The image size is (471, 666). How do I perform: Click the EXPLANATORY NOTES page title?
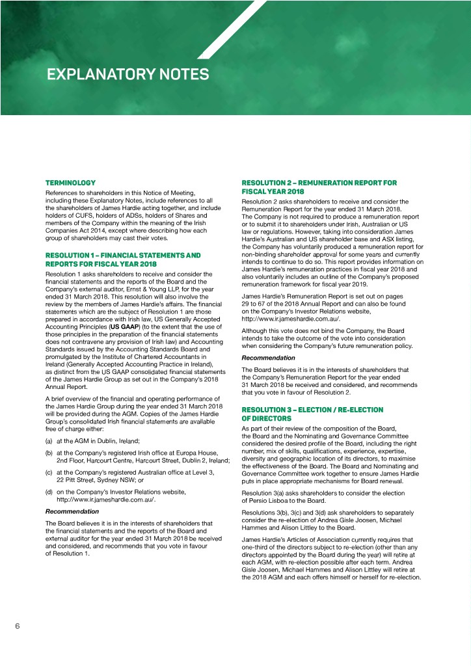tap(128, 75)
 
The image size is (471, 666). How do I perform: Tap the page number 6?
tap(18, 626)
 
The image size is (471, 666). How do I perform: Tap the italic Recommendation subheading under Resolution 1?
tap(72, 512)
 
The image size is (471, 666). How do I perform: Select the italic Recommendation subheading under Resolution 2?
tap(268, 358)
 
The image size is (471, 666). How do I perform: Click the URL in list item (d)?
tap(107, 500)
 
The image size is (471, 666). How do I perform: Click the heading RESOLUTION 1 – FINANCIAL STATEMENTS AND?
tap(123, 256)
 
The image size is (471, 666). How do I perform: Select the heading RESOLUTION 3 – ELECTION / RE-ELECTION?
tap(312, 410)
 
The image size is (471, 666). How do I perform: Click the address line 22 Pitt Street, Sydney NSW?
tap(101, 481)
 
